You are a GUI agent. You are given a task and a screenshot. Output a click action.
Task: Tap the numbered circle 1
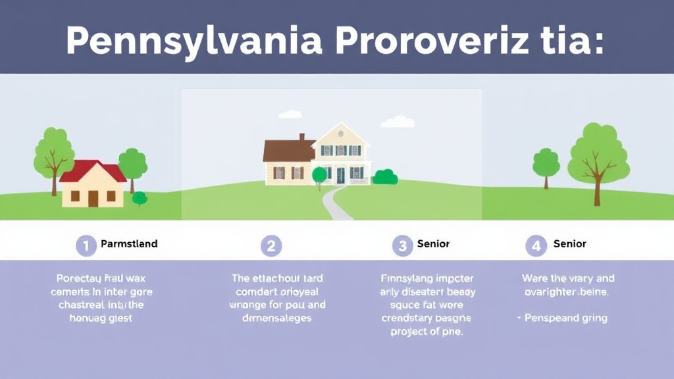click(86, 245)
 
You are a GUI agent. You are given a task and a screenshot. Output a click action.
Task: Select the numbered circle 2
click(271, 246)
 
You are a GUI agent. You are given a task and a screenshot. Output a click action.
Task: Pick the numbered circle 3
click(402, 246)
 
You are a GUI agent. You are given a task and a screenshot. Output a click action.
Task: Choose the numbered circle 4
click(536, 246)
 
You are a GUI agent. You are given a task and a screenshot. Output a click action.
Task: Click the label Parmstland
click(129, 243)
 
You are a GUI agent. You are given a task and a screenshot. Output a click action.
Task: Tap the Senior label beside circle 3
click(433, 243)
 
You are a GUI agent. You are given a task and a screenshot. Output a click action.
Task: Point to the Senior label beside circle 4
click(569, 243)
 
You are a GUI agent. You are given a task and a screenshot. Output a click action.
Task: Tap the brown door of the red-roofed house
click(93, 198)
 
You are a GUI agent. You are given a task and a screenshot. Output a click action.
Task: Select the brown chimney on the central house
click(302, 138)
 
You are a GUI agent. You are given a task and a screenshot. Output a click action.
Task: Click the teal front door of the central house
click(340, 175)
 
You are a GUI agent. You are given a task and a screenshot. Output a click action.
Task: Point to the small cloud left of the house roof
click(290, 114)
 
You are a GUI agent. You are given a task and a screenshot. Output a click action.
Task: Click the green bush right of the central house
click(385, 177)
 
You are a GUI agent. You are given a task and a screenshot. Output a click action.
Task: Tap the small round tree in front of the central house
click(319, 174)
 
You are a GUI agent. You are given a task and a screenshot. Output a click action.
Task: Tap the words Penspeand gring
click(565, 318)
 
